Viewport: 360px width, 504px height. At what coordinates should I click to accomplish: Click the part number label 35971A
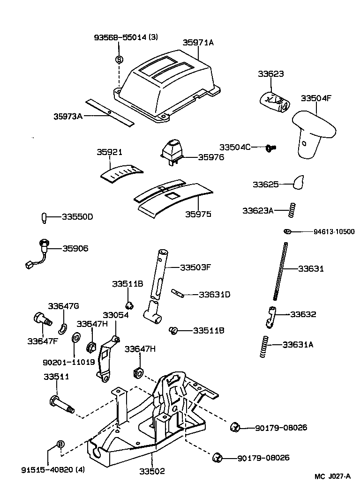[x=198, y=43]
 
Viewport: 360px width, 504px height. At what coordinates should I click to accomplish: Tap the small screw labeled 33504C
[x=271, y=148]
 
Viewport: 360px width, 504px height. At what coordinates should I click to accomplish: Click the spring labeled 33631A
[x=265, y=347]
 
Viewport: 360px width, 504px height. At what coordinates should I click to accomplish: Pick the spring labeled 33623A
[x=292, y=210]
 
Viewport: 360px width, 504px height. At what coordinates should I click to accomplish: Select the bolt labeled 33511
[x=60, y=403]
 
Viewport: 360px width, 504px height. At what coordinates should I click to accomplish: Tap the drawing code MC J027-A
[x=332, y=476]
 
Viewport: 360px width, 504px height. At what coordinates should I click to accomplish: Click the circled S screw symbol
[x=119, y=59]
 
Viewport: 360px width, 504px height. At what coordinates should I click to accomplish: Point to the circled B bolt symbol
[x=60, y=444]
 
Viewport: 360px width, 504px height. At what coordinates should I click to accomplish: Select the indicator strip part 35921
[x=121, y=173]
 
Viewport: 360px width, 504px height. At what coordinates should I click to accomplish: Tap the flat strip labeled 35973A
[x=109, y=112]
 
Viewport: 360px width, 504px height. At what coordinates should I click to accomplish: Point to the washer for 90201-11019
[x=75, y=338]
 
